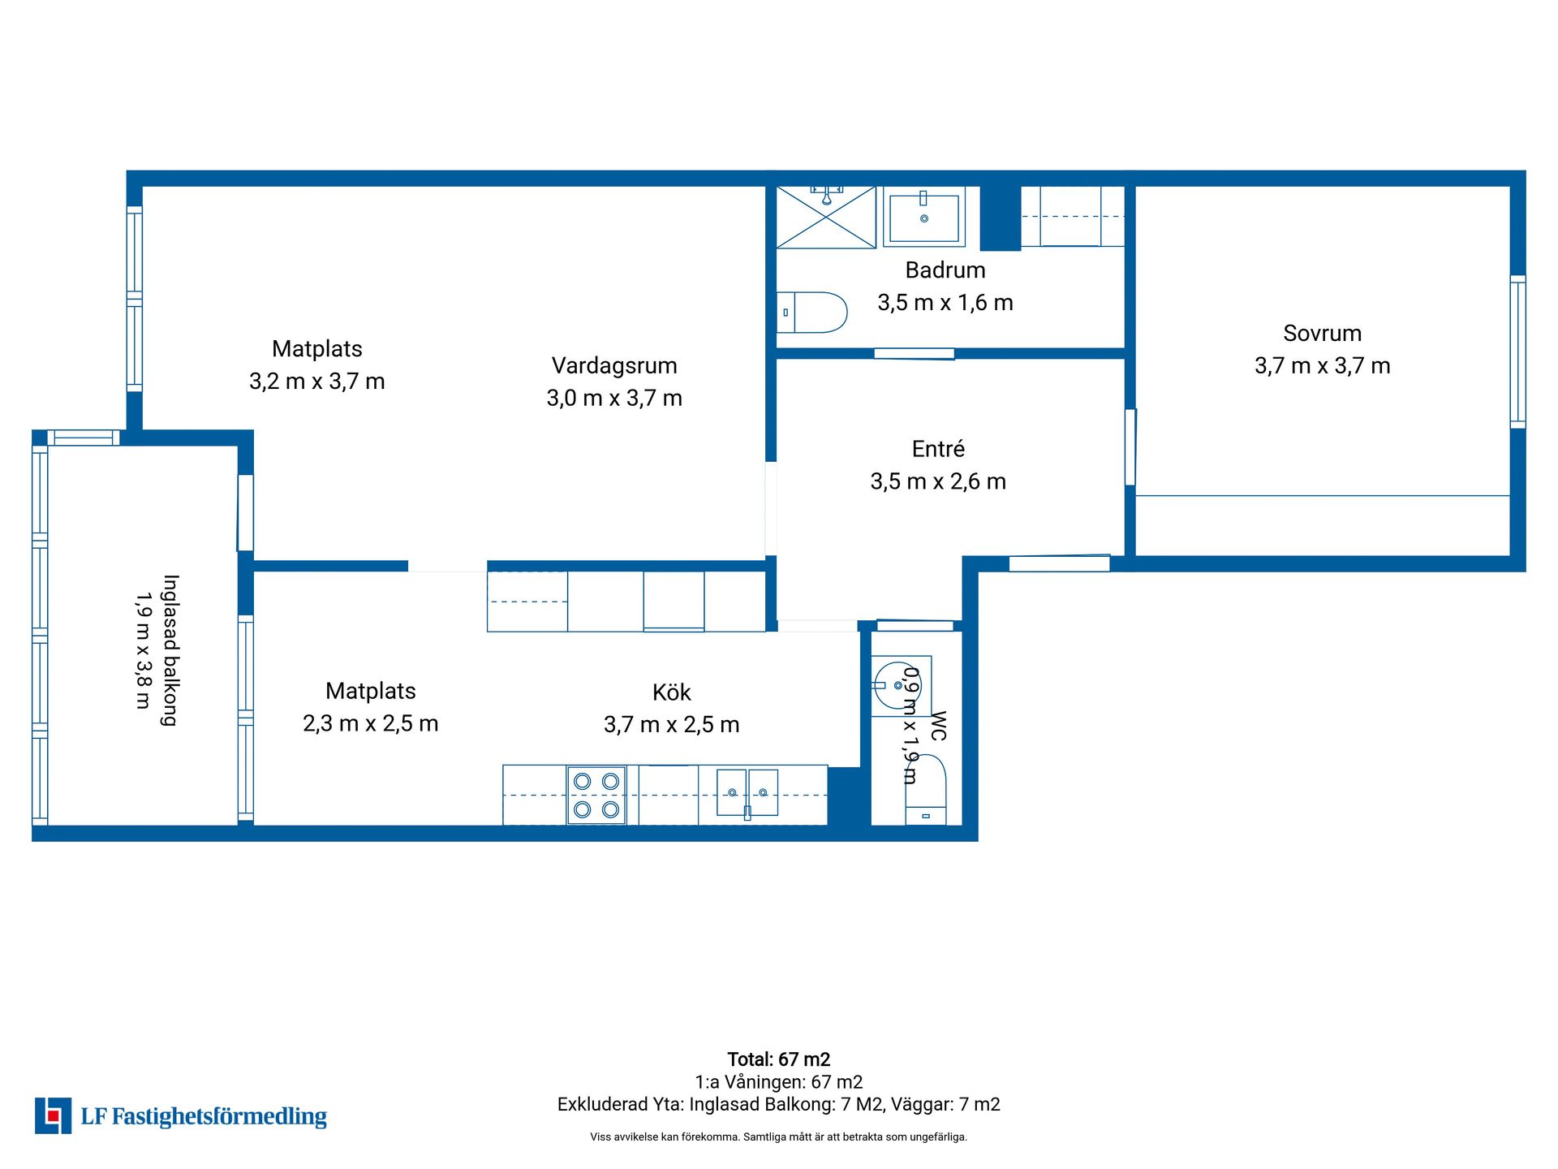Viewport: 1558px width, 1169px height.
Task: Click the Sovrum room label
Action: point(1322,334)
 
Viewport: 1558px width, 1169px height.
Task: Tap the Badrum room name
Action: point(945,270)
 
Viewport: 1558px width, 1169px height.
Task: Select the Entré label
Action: point(938,449)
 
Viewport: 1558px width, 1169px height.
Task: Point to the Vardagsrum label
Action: point(614,366)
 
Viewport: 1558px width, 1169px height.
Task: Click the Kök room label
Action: point(672,692)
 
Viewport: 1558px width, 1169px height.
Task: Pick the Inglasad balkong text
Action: point(170,650)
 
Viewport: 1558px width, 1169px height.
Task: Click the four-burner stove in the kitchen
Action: point(596,796)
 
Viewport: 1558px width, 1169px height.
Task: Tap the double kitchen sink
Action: point(747,793)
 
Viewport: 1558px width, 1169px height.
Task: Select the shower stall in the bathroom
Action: point(826,218)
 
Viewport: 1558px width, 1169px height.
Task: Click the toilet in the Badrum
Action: point(811,313)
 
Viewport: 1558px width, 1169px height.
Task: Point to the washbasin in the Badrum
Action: point(924,217)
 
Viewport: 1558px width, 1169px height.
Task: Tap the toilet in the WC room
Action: point(926,790)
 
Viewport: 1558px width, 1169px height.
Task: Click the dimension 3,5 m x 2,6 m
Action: point(938,481)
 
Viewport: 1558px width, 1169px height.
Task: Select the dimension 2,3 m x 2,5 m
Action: point(371,723)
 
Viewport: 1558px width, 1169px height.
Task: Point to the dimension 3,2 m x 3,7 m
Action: point(317,382)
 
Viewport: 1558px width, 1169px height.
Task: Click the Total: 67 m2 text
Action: point(779,1059)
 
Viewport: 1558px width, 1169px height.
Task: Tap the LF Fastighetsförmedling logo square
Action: point(53,1115)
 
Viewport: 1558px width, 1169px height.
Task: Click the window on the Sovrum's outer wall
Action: point(1517,352)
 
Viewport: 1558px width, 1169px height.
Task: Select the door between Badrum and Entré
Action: point(914,353)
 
